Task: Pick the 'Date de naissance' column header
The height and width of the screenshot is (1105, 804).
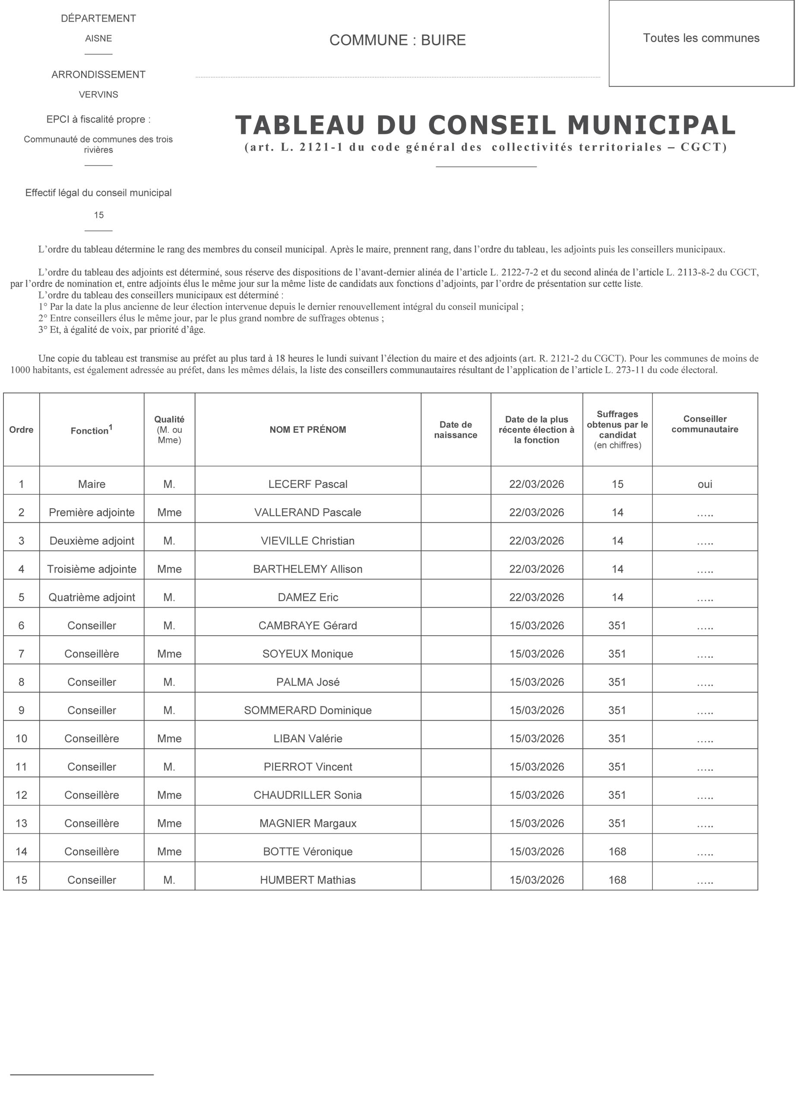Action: pos(456,429)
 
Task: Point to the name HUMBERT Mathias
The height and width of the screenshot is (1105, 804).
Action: pos(307,880)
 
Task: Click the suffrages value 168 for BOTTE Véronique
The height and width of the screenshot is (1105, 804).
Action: pos(617,851)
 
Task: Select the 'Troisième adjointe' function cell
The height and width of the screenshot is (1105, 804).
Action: pos(92,569)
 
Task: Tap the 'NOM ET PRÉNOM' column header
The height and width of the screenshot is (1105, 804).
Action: pos(307,429)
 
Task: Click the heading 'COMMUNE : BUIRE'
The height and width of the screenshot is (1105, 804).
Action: pos(397,40)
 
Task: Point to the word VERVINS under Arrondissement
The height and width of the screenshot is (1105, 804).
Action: pos(98,95)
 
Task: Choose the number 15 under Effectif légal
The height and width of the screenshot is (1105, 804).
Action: pos(98,215)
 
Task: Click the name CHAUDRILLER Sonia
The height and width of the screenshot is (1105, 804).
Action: pos(307,795)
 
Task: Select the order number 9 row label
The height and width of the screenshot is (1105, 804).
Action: pos(21,710)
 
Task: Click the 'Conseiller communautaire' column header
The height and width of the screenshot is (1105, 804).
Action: pos(705,424)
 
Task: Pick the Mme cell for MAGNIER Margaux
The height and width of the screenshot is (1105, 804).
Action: pos(169,823)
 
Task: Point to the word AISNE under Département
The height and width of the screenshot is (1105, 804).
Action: pos(98,38)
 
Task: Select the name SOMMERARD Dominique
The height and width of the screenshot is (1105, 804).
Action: pos(307,710)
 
